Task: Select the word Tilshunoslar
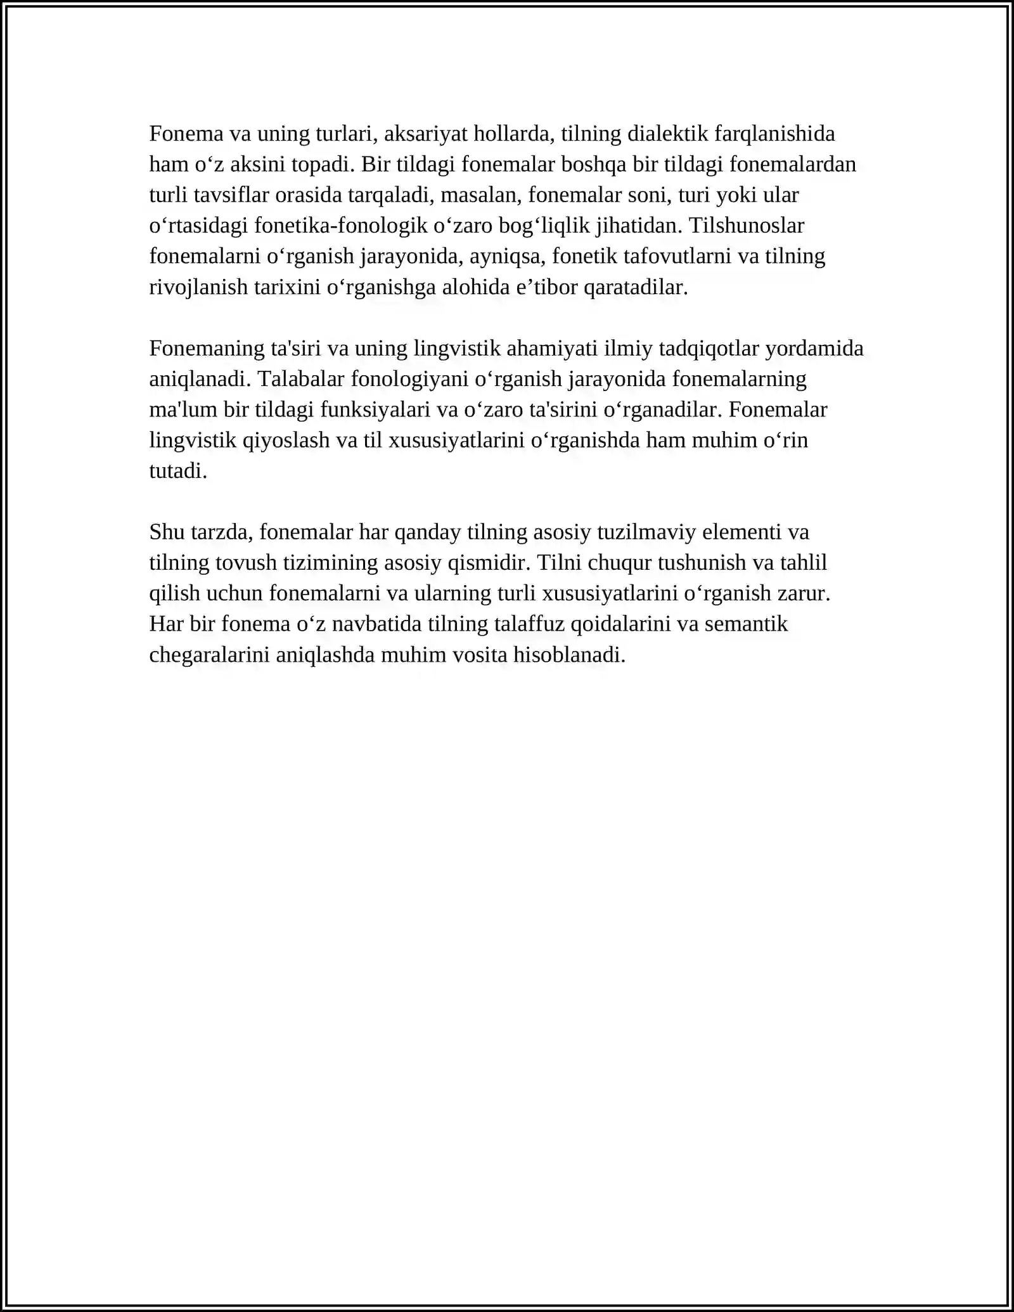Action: click(x=746, y=226)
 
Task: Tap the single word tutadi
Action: click(x=178, y=471)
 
